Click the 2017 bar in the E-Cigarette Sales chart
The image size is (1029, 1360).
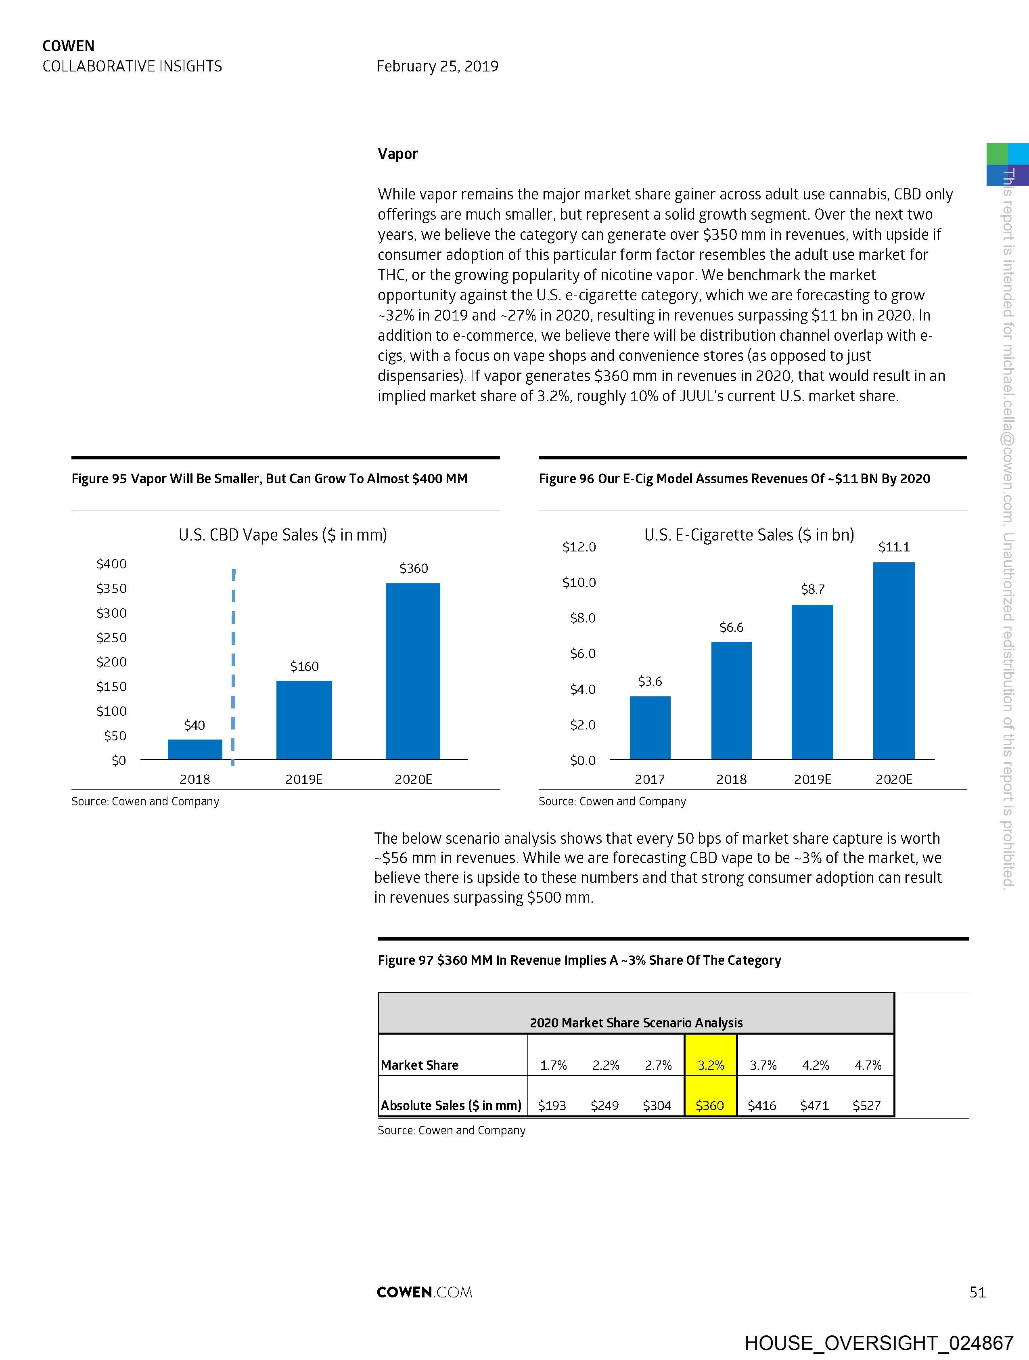click(650, 727)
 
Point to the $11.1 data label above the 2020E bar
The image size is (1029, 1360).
click(894, 547)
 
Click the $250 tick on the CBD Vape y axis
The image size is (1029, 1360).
click(111, 637)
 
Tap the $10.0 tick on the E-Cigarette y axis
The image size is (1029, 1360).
click(579, 582)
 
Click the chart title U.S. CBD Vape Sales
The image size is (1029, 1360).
click(283, 535)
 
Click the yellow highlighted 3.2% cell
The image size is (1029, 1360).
click(711, 1065)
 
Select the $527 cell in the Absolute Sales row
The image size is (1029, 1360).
click(867, 1105)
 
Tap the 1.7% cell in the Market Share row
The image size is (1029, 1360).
click(553, 1065)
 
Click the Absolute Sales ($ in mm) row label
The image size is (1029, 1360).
click(451, 1105)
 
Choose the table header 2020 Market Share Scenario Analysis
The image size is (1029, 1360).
click(636, 1023)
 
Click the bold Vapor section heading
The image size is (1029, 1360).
click(398, 154)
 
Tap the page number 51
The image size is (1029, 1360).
click(977, 1292)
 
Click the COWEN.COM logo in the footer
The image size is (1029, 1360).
click(424, 1292)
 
